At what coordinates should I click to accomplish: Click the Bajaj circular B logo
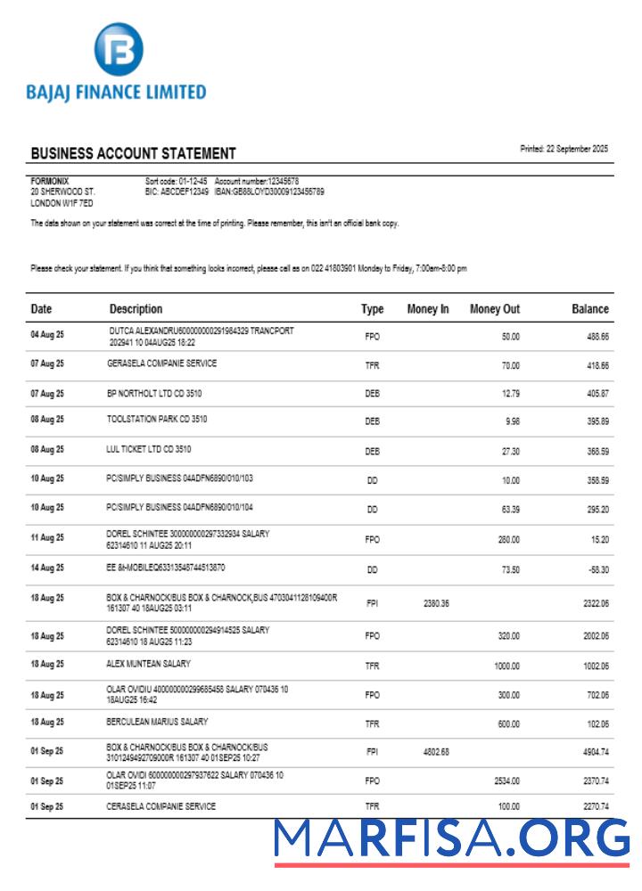[x=119, y=51]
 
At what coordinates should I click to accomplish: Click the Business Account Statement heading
[x=133, y=153]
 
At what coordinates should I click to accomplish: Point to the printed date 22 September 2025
[x=564, y=149]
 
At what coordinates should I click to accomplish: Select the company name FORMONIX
[x=50, y=181]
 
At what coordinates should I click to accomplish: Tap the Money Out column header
[x=495, y=309]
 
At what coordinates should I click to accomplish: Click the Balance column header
[x=589, y=309]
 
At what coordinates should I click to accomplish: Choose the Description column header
[x=136, y=309]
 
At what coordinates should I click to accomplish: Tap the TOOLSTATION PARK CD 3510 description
[x=157, y=418]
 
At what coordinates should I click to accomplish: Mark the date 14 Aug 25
[x=47, y=568]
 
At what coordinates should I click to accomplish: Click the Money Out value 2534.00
[x=506, y=781]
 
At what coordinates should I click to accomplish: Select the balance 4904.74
[x=591, y=752]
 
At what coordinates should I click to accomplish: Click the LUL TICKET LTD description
[x=148, y=449]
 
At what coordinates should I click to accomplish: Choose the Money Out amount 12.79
[x=510, y=394]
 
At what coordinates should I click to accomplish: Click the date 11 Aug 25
[x=47, y=538]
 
